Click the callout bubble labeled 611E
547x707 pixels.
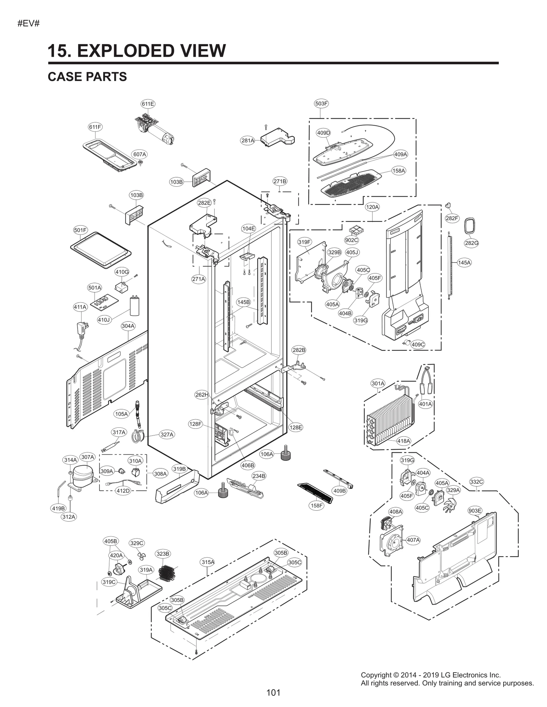pos(148,104)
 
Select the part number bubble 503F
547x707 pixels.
pos(321,103)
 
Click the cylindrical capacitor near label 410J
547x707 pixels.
pos(134,306)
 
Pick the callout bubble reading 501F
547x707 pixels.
pos(80,230)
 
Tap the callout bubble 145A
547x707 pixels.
pos(464,263)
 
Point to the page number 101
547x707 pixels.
pos(273,692)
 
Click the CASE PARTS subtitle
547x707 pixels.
pos(87,77)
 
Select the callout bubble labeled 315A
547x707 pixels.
pos(208,562)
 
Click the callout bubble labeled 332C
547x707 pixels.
pos(476,482)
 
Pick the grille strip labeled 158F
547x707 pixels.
pos(316,493)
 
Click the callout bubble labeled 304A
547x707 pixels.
pos(128,326)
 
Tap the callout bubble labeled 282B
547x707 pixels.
pos(299,350)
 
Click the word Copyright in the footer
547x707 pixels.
pos(376,675)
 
